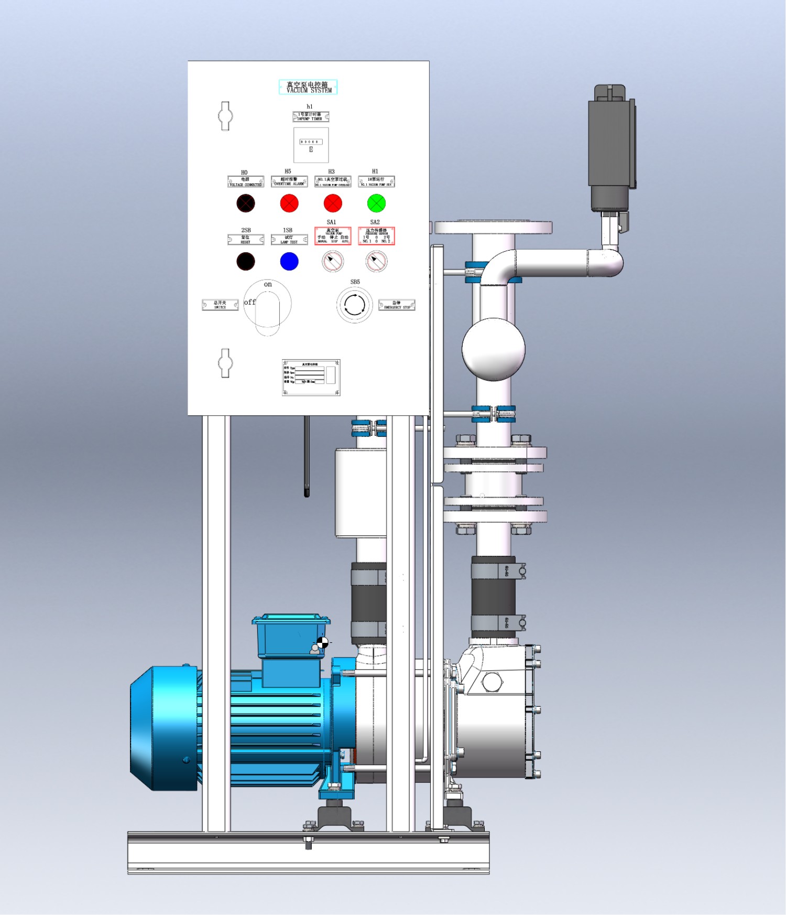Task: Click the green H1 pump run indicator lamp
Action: pyautogui.click(x=376, y=203)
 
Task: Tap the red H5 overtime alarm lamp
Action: pyautogui.click(x=289, y=203)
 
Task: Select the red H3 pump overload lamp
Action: pyautogui.click(x=333, y=203)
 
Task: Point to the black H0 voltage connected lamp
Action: pyautogui.click(x=245, y=203)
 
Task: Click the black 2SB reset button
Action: pyautogui.click(x=245, y=261)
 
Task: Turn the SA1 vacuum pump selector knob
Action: pyautogui.click(x=333, y=261)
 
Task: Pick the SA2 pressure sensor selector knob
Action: pyautogui.click(x=376, y=261)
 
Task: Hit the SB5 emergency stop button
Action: pyautogui.click(x=355, y=305)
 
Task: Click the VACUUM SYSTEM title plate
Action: pyautogui.click(x=308, y=87)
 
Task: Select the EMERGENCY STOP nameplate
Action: pyautogui.click(x=397, y=305)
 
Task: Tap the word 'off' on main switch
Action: pyautogui.click(x=250, y=302)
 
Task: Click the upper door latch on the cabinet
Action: pyautogui.click(x=225, y=116)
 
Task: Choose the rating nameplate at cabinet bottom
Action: pyautogui.click(x=311, y=377)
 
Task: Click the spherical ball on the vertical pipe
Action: pyautogui.click(x=493, y=349)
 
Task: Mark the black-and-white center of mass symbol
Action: pyautogui.click(x=322, y=642)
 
